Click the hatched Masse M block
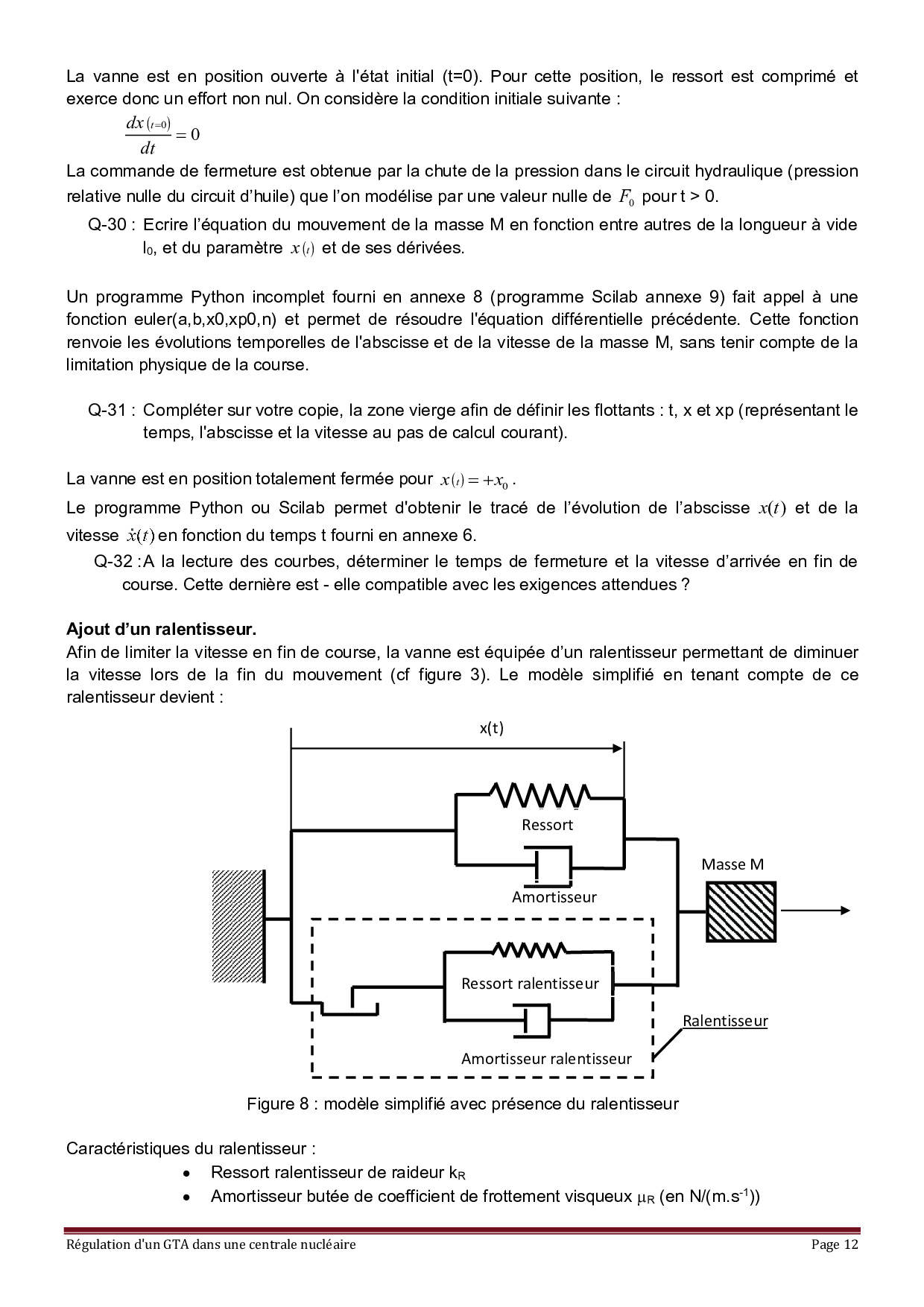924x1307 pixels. [741, 912]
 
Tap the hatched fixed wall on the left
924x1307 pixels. [238, 925]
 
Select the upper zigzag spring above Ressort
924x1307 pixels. [539, 796]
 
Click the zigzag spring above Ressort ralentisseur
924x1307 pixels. [529, 950]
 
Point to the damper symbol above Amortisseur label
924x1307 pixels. [549, 866]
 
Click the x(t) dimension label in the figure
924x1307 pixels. [491, 728]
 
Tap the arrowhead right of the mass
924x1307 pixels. [844, 910]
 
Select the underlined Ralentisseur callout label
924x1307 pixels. [724, 1021]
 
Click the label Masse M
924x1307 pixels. [732, 864]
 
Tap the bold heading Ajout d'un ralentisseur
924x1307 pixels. [161, 629]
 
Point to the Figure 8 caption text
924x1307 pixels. [462, 1104]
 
